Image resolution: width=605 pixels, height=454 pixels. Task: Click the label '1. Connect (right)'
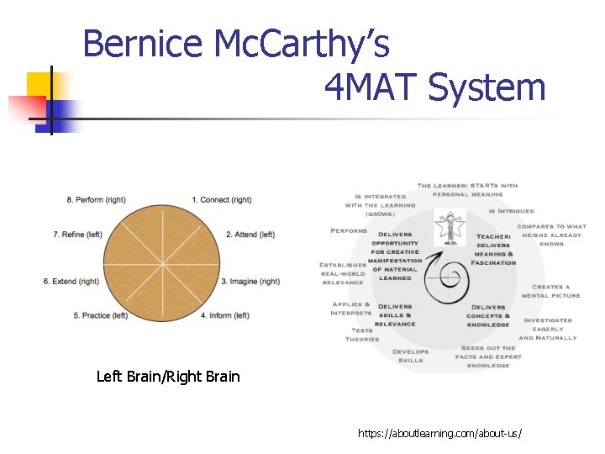221,200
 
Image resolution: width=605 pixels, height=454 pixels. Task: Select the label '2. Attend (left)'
250,235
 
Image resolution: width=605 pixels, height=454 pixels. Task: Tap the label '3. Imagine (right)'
250,282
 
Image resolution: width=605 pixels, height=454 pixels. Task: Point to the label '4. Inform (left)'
224,316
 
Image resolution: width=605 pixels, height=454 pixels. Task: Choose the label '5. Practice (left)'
100,316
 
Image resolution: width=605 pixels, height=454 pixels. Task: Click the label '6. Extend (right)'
71,282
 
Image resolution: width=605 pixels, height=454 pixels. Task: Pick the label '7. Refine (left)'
77,235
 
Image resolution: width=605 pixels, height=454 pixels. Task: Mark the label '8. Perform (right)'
97,200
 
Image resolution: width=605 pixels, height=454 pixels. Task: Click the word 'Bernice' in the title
144,44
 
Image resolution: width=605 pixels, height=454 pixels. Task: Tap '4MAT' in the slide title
370,87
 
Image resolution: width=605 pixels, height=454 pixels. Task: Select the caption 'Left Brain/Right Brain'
168,377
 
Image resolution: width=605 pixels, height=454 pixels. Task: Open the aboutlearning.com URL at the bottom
439,433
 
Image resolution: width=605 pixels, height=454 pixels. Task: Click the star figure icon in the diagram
450,228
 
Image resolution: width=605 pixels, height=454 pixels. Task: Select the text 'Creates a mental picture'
550,291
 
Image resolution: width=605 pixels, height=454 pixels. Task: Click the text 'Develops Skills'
411,356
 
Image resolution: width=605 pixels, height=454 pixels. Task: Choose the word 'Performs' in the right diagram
349,230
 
